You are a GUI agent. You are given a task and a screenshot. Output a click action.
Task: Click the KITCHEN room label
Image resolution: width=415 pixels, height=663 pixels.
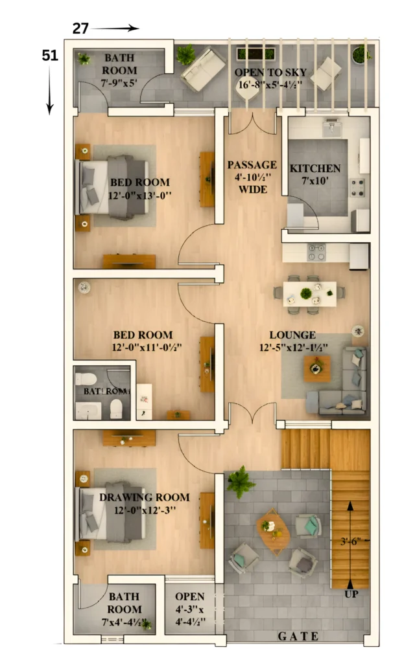314,168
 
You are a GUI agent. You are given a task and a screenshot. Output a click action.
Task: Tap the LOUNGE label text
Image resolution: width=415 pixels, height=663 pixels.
292,335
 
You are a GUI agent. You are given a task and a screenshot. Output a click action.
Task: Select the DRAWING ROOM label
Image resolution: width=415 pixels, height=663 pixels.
145,497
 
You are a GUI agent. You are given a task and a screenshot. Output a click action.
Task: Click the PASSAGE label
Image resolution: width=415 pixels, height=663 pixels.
252,165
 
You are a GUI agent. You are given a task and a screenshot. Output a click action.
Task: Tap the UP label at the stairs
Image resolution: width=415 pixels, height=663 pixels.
351,593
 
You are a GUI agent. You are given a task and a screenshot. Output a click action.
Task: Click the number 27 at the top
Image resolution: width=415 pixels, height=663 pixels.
80,28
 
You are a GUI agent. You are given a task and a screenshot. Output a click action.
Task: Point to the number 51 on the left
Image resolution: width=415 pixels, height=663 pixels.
50,56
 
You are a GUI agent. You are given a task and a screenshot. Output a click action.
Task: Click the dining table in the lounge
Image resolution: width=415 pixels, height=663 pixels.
309,293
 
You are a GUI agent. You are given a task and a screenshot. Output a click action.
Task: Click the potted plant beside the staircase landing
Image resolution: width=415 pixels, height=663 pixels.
241,481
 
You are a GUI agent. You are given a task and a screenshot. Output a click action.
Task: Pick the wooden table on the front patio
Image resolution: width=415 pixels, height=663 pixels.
273,531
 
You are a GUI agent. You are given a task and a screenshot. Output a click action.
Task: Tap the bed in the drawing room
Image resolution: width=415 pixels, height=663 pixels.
113,511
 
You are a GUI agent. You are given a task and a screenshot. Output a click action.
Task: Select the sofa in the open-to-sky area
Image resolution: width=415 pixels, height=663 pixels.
202,69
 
